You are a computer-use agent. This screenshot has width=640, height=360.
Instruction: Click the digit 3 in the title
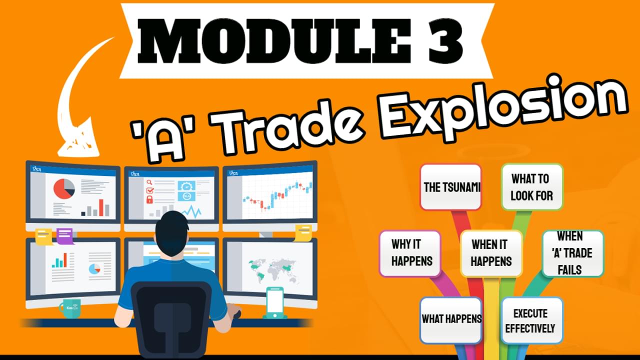click(x=441, y=40)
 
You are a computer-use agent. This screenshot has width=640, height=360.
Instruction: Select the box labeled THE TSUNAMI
click(x=451, y=187)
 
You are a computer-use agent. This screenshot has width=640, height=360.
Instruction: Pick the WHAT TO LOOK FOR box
click(x=532, y=187)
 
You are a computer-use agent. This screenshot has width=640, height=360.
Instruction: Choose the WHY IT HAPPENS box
click(x=410, y=253)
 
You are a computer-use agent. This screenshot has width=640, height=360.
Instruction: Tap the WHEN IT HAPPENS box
click(x=491, y=253)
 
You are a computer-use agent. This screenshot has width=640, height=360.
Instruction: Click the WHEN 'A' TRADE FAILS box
click(x=573, y=253)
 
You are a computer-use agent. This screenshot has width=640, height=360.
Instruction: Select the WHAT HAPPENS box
click(x=451, y=320)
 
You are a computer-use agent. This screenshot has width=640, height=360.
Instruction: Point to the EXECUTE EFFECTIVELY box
click(x=532, y=320)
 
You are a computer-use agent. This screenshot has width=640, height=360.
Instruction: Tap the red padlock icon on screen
click(x=149, y=199)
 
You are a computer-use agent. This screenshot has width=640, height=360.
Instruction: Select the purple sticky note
click(x=65, y=236)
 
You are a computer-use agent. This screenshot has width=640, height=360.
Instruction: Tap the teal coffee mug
click(x=70, y=308)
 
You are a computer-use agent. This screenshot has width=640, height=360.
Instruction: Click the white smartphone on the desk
click(x=275, y=301)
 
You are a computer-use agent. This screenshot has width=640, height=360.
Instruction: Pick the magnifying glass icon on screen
click(x=149, y=182)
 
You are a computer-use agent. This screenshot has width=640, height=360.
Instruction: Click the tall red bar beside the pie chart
click(x=101, y=207)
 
